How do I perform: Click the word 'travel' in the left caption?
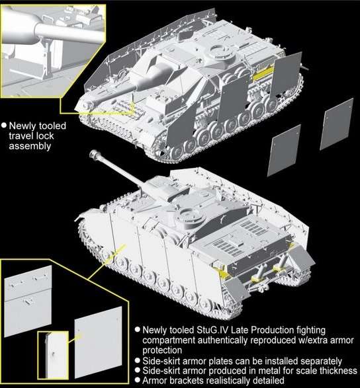(23, 135)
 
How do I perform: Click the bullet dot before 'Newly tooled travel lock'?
(5, 124)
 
